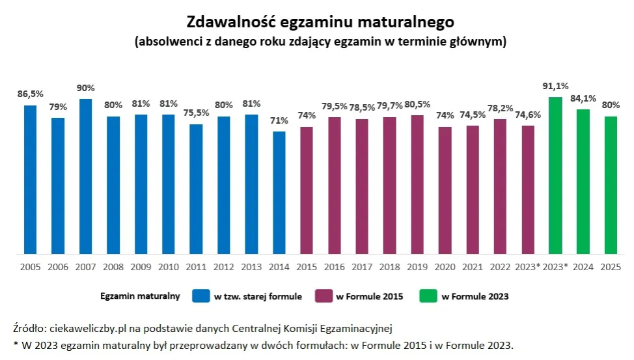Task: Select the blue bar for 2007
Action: [86, 176]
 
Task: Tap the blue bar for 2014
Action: [279, 192]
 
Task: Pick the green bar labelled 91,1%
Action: [555, 174]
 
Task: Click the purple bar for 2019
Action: [417, 184]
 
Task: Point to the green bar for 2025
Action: [611, 185]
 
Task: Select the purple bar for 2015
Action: [307, 190]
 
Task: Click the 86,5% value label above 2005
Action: [30, 94]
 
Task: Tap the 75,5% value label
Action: [196, 113]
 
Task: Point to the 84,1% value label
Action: [583, 98]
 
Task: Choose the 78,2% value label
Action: [500, 108]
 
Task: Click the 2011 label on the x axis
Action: [196, 267]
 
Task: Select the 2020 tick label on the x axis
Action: [445, 267]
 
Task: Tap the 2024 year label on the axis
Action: [583, 267]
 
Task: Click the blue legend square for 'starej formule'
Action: [200, 296]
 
